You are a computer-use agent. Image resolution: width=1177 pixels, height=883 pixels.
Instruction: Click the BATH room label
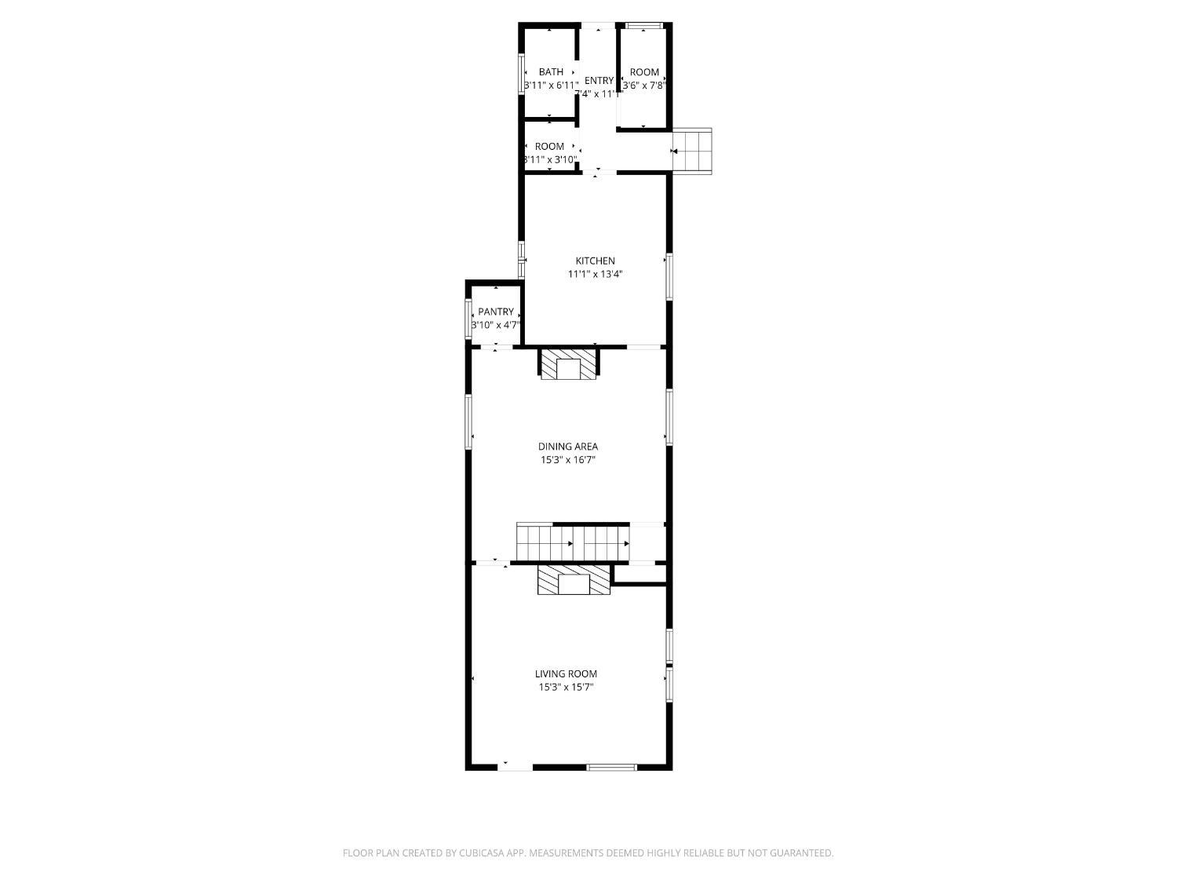551,72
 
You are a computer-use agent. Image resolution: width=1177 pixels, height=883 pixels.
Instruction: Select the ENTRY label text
599,81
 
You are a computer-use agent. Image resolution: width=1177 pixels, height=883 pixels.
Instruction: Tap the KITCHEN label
595,261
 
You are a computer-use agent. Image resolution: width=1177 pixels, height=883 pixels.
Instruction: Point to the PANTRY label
495,312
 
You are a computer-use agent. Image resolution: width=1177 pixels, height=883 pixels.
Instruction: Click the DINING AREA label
567,447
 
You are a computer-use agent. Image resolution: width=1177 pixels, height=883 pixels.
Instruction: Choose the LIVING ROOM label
566,673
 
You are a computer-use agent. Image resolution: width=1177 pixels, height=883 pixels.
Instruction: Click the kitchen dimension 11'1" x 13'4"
595,275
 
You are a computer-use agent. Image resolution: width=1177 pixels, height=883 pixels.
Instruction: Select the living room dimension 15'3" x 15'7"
566,688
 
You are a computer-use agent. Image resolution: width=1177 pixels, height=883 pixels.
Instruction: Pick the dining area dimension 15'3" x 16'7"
567,461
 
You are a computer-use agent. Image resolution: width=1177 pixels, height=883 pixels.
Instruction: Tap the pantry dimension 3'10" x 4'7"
495,325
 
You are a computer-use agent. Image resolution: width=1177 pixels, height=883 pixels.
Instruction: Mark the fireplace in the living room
574,582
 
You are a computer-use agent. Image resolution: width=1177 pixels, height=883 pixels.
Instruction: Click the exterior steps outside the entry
695,150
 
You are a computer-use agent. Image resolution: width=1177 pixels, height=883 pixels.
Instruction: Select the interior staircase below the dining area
573,542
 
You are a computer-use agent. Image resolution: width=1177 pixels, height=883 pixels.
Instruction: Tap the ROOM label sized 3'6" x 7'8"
644,72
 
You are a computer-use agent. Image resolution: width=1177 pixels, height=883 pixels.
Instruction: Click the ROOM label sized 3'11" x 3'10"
549,147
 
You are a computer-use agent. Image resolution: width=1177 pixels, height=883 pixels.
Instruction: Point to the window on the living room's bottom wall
612,767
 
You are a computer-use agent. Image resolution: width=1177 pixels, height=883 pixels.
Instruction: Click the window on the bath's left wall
522,73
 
